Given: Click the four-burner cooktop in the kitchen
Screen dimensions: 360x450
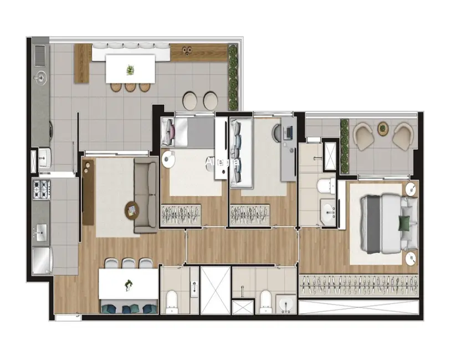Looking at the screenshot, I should (x=42, y=189).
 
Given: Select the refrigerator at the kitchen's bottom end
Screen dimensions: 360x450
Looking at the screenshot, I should (x=42, y=260).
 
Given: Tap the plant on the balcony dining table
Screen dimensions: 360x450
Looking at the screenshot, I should (x=130, y=70).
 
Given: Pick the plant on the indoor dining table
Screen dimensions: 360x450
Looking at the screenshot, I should (x=129, y=285).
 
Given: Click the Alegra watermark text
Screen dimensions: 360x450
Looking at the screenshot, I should (x=222, y=162).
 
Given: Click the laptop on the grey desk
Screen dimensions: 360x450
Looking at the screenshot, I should (x=288, y=132).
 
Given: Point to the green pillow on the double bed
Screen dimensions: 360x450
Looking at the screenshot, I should (x=405, y=223).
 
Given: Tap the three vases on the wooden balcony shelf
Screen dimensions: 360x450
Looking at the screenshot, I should (x=187, y=50).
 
